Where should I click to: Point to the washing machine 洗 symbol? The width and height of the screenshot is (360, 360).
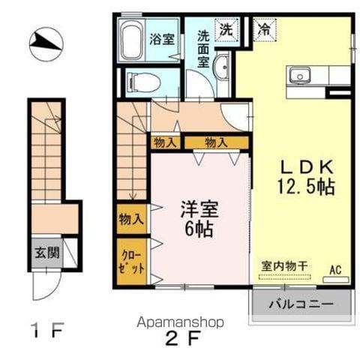pyautogui.click(x=225, y=30)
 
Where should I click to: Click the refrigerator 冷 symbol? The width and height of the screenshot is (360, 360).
pyautogui.click(x=265, y=30)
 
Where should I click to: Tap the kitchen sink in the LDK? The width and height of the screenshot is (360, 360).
pyautogui.click(x=301, y=75)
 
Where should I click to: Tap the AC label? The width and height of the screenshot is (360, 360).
pyautogui.click(x=335, y=267)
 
